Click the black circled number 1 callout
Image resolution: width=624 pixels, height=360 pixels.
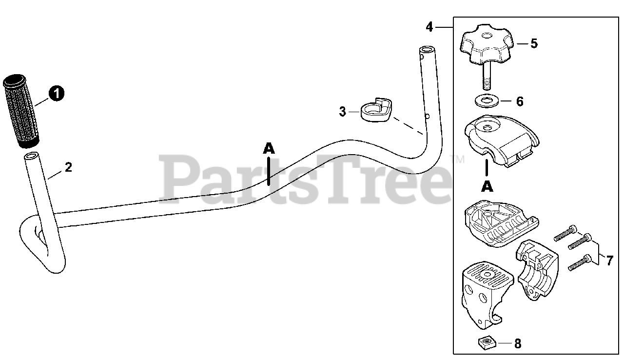pyautogui.click(x=57, y=93)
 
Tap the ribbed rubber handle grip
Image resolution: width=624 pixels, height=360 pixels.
pyautogui.click(x=22, y=111)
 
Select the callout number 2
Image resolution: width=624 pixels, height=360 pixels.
pyautogui.click(x=68, y=167)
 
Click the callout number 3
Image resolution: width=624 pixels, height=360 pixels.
pyautogui.click(x=342, y=112)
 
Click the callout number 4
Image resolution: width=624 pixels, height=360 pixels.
pyautogui.click(x=429, y=27)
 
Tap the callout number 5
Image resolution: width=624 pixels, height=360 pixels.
pyautogui.click(x=534, y=43)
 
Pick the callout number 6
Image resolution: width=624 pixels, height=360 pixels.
pyautogui.click(x=520, y=101)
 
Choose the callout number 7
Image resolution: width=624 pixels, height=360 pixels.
pyautogui.click(x=609, y=260)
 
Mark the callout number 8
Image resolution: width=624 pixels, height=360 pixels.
pyautogui.click(x=518, y=344)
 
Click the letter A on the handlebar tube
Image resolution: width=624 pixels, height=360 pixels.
pyautogui.click(x=269, y=148)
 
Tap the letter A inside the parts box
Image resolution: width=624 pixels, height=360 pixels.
pyautogui.click(x=487, y=186)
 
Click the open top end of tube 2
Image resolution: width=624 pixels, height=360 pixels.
pyautogui.click(x=32, y=157)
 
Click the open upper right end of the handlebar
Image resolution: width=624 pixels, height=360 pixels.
pyautogui.click(x=427, y=50)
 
